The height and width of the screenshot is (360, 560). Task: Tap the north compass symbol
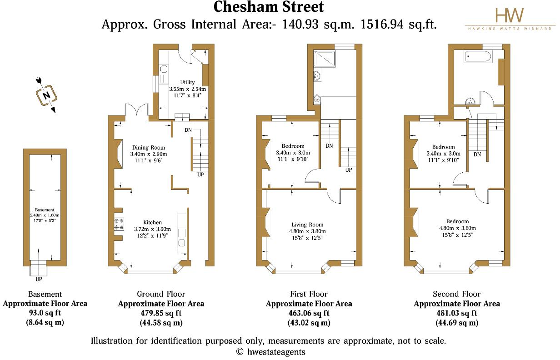point(46,95)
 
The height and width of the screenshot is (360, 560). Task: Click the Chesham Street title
point(269,7)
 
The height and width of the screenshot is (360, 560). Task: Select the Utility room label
point(187,82)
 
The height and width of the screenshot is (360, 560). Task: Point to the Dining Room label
point(149,147)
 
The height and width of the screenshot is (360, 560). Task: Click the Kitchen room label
point(151,222)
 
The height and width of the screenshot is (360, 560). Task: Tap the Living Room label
point(307,224)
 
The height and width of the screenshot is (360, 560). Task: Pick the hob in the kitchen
point(119,223)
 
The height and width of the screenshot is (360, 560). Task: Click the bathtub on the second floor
point(477,57)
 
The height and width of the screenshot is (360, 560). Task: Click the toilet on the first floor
point(317,98)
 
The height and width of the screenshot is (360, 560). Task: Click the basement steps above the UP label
point(38,269)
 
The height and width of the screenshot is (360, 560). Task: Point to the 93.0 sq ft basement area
point(45,313)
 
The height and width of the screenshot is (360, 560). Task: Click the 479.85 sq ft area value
point(161,313)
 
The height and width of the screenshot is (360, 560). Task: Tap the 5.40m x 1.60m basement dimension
point(45,215)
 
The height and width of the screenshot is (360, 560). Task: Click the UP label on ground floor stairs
point(200,174)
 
